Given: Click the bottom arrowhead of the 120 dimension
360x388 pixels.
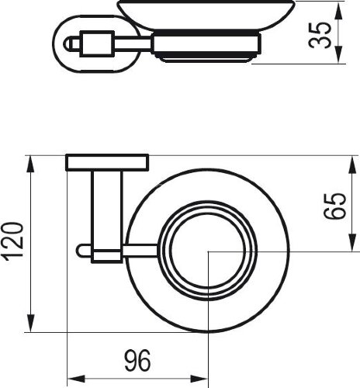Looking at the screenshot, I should click(x=31, y=327).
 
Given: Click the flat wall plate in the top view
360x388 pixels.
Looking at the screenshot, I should click(x=108, y=163).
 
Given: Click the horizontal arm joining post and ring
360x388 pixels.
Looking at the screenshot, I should click(x=144, y=251).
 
